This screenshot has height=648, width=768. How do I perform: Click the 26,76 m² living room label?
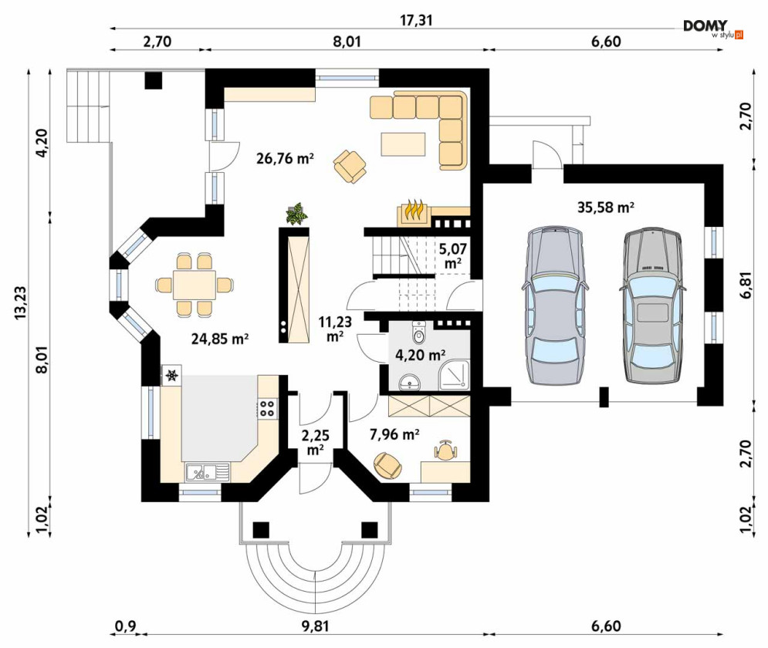click(x=285, y=159)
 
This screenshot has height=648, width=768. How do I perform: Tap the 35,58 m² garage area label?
click(x=606, y=207)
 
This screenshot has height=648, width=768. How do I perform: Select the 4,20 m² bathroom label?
click(x=420, y=355)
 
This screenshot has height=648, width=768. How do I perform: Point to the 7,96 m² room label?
click(x=394, y=434)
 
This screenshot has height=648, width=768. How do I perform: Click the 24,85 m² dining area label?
click(x=220, y=338)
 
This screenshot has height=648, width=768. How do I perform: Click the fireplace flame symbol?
click(x=414, y=210)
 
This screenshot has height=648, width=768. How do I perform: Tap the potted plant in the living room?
click(x=296, y=214)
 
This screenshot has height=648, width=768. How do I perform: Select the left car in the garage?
click(x=554, y=305)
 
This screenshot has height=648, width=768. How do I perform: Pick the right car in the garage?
click(x=651, y=305)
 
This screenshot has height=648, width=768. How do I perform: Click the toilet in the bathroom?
click(x=419, y=332)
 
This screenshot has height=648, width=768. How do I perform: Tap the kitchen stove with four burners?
click(x=267, y=408)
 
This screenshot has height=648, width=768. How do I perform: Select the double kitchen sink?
click(x=207, y=473)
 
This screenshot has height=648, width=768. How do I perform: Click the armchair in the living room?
click(x=350, y=167)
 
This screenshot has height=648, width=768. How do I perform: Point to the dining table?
click(x=194, y=285)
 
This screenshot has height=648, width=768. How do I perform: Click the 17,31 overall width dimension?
click(x=416, y=21)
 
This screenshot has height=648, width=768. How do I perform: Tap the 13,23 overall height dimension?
click(x=21, y=303)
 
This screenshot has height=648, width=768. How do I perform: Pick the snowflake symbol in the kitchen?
click(x=171, y=376)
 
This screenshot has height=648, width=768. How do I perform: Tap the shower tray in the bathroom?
click(x=455, y=375)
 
